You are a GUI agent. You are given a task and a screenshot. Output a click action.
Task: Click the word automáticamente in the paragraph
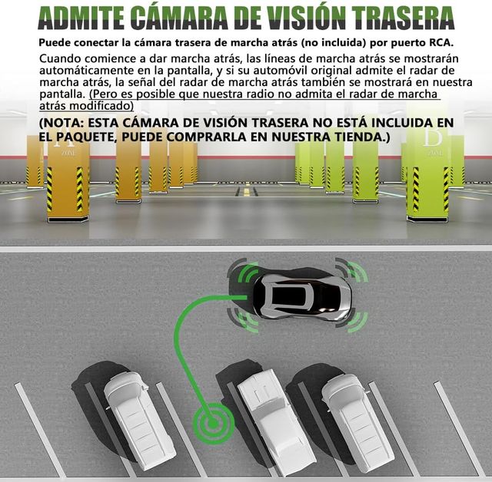85,71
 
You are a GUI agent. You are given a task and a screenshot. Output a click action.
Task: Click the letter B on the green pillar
433,137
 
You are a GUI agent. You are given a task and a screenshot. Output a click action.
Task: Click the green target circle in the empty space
214,424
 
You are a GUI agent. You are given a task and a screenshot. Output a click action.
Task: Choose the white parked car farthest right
357,422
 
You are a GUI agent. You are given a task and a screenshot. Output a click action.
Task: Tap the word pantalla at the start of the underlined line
60,94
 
